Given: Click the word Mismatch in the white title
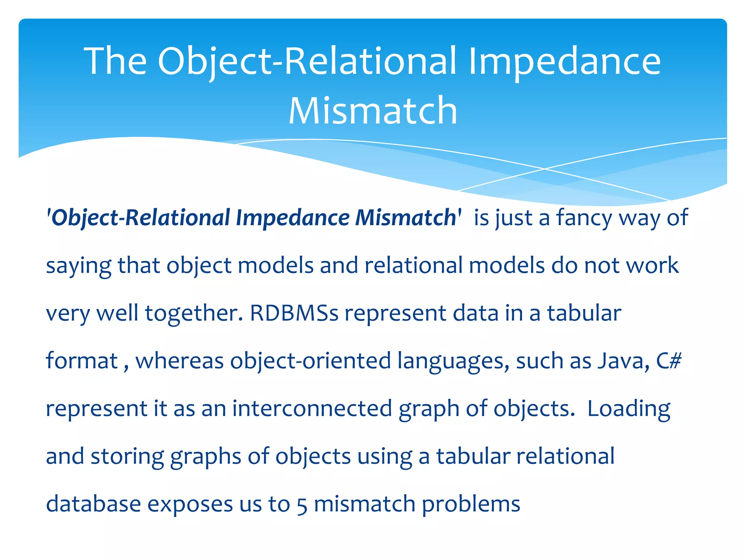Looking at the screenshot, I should point(372,111).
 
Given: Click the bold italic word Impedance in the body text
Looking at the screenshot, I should point(292,218).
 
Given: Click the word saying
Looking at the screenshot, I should point(78,266).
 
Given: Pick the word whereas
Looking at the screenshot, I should point(179,361).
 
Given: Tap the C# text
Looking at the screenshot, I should point(669,361).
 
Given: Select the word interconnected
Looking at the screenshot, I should point(312,408).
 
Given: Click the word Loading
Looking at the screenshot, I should point(629,409).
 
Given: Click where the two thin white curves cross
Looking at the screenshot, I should point(545,169).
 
